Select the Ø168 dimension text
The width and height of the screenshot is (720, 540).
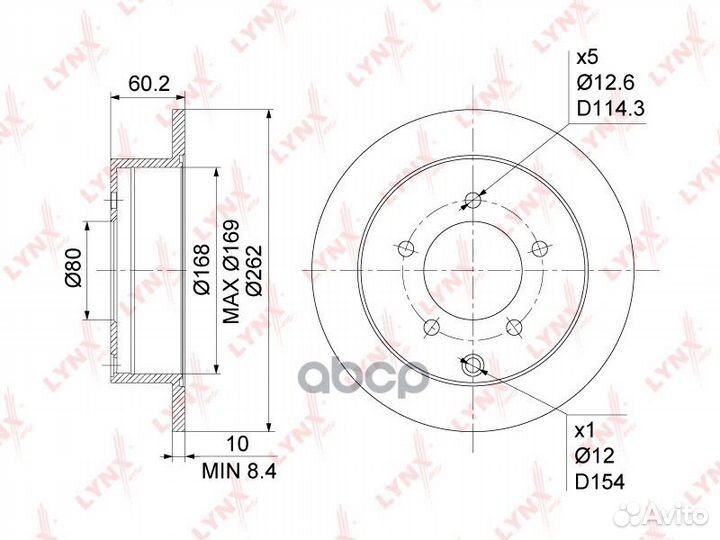[x=201, y=270]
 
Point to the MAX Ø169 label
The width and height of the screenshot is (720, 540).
[x=231, y=272]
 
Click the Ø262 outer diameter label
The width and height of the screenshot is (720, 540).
[x=254, y=271]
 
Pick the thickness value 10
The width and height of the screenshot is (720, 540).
[x=238, y=444]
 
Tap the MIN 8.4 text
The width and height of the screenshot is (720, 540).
[x=239, y=471]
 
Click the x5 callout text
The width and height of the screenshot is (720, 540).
[x=587, y=58]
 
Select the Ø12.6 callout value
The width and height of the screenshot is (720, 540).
[x=605, y=83]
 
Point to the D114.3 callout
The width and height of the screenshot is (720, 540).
[x=611, y=108]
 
